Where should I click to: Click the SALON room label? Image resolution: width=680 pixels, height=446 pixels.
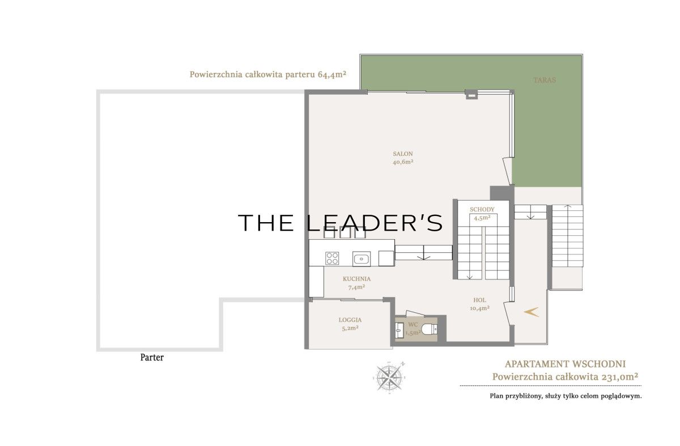pos(403,154)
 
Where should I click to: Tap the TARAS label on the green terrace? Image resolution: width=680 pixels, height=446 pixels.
pos(545,80)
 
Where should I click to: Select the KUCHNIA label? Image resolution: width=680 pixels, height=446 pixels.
pos(356,279)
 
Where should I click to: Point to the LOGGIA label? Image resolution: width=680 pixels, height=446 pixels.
pos(350,320)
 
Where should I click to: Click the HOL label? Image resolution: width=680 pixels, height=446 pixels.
pos(479,300)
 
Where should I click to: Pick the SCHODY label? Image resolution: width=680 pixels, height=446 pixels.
pos(482,209)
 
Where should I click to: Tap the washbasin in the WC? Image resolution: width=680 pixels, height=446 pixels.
pos(399,330)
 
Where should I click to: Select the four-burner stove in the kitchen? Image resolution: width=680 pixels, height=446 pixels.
pos(332,258)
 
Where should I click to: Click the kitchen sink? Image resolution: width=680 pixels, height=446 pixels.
pos(362,259)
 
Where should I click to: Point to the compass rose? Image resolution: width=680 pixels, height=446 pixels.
pos(389,377)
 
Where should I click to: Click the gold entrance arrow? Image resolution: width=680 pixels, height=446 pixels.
pos(532,312)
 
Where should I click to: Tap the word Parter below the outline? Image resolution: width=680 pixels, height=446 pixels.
pos(152,358)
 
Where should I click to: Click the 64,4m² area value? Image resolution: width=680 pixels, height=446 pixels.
pos(332,74)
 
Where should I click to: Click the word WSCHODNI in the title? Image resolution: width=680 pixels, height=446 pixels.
pos(599,364)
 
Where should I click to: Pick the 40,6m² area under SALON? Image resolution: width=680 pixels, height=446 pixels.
pos(403,162)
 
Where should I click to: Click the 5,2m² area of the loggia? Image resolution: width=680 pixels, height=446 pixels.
pos(350,328)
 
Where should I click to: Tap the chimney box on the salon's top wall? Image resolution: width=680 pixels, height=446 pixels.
pos(471,95)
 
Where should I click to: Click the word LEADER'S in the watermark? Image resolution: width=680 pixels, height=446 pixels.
pos(374,223)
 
